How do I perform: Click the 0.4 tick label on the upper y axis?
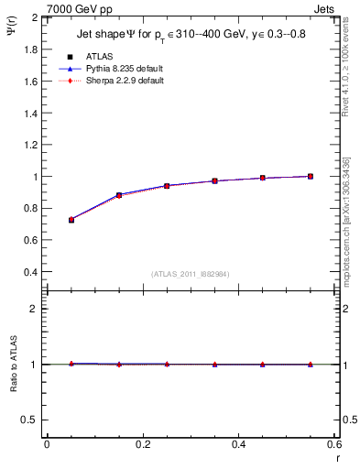pyautogui.click(x=30, y=272)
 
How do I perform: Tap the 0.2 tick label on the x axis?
pyautogui.click(x=142, y=444)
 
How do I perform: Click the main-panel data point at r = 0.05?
pyautogui.click(x=71, y=220)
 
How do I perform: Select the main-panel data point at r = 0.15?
pyautogui.click(x=119, y=195)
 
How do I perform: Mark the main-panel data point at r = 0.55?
pyautogui.click(x=311, y=176)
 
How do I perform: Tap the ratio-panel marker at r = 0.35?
pyautogui.click(x=215, y=365)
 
